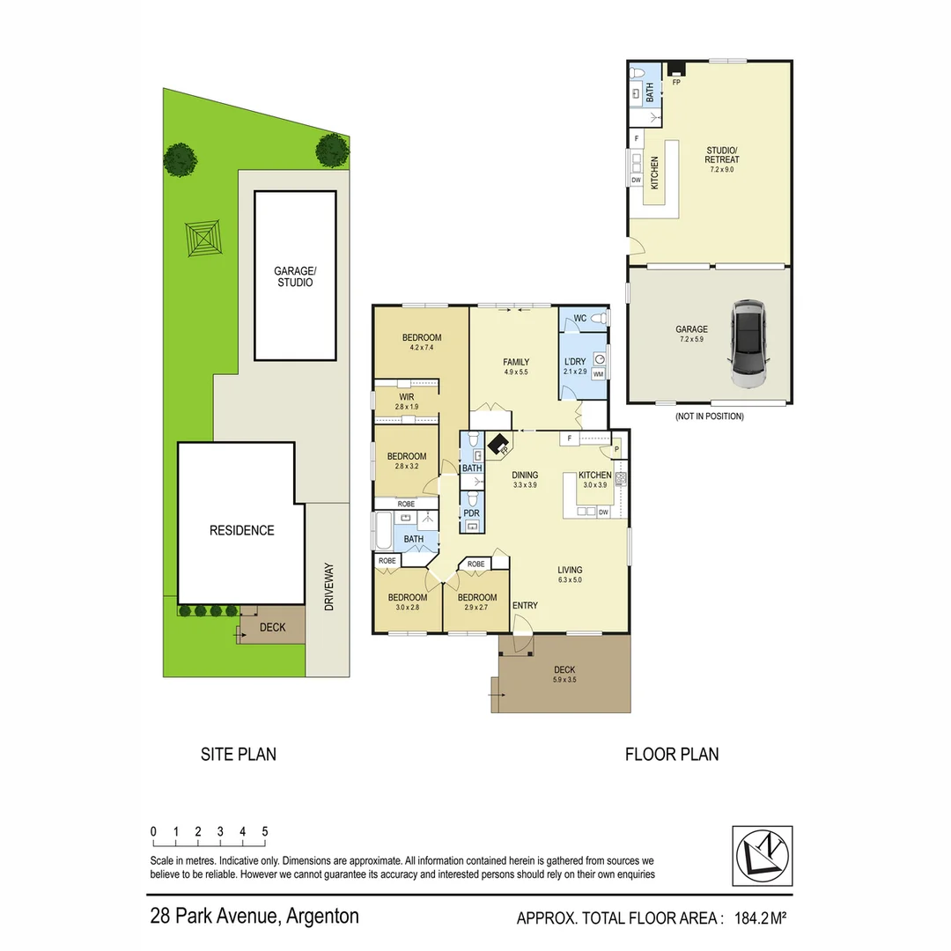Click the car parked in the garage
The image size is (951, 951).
[x=749, y=344]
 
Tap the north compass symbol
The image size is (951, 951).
[x=762, y=855]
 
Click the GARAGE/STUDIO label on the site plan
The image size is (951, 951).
[x=294, y=277]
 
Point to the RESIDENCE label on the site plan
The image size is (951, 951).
[x=241, y=530]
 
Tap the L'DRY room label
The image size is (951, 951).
[x=574, y=362]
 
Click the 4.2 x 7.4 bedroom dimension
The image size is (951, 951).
[x=422, y=348]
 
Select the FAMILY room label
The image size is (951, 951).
[x=515, y=362]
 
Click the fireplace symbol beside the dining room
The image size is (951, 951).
[x=500, y=445]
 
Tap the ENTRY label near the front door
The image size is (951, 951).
[x=525, y=605]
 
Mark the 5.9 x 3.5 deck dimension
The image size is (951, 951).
[x=564, y=679]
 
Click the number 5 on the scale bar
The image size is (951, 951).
[x=264, y=831]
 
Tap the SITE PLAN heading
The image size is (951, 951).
[x=238, y=754]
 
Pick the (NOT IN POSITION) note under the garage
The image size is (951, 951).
[x=709, y=417]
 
